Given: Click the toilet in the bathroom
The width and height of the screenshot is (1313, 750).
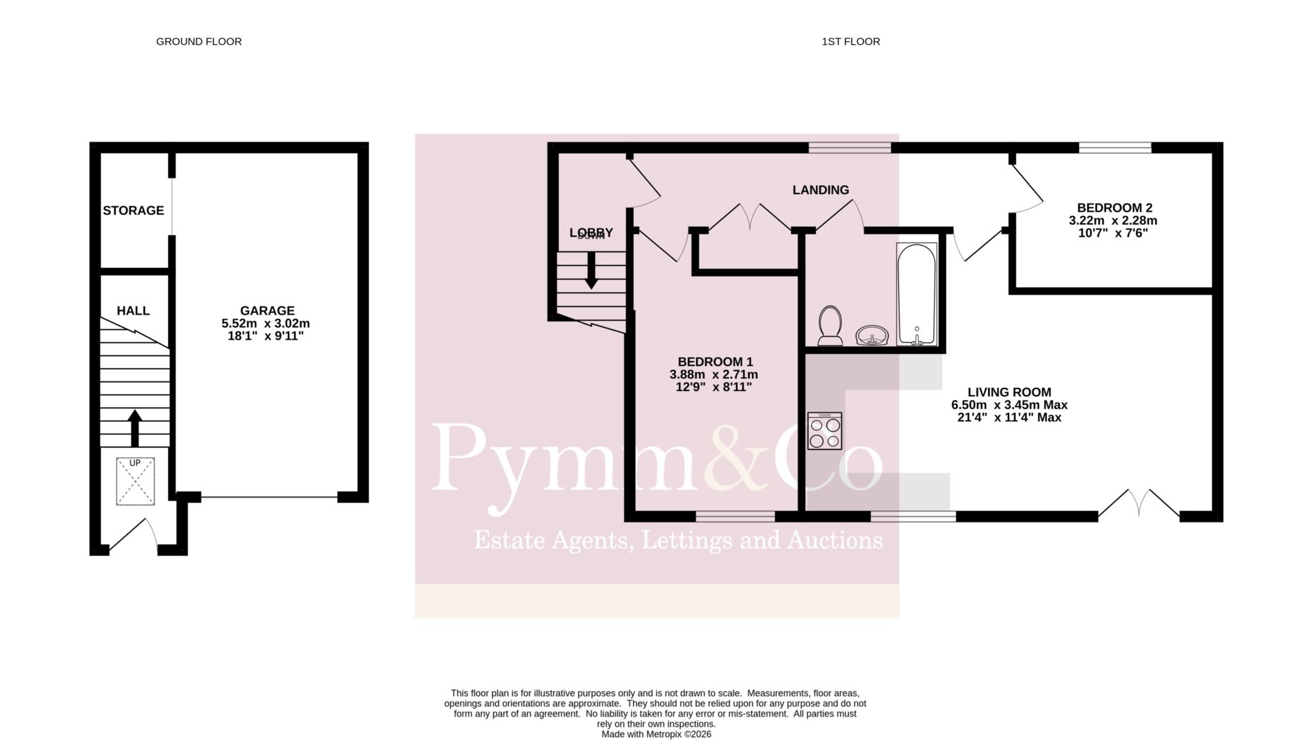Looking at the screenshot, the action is coord(830,326).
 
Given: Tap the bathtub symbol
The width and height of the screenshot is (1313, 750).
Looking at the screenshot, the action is coord(917,294).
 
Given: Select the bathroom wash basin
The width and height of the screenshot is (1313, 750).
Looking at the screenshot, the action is coord(872,335).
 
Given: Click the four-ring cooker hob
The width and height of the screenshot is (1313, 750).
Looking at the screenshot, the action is coord(824,431).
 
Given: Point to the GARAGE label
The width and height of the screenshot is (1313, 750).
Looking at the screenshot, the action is coord(267,311).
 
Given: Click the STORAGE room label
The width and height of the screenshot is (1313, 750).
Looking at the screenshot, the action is coord(133,210).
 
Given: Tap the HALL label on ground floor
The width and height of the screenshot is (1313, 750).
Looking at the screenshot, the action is coord(133,311).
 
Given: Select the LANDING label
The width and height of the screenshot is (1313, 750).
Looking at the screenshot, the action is coord(821,190).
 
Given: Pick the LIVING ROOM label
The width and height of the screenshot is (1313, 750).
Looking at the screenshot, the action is coord(1009,392).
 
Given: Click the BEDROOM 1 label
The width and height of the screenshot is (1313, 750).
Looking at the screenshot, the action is coord(715,362).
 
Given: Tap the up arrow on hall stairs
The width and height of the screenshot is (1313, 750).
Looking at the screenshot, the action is coord(135,428).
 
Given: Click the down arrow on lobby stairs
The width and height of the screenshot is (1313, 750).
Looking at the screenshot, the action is coord(591,270).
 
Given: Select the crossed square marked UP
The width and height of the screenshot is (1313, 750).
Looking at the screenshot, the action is coord(135,481).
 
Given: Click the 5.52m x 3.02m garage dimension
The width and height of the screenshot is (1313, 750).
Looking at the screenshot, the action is coord(265,324).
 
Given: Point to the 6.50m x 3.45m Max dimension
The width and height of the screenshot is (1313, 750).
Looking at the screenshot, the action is coord(1009,405).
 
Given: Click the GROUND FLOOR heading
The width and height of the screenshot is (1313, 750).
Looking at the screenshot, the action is coord(199,42).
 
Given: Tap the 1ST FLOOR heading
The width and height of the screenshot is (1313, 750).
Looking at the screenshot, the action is coord(851,42).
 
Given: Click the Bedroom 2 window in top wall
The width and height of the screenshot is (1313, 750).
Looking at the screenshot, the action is coord(1115,147).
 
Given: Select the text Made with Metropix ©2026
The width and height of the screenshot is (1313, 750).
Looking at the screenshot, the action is coord(656,735).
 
